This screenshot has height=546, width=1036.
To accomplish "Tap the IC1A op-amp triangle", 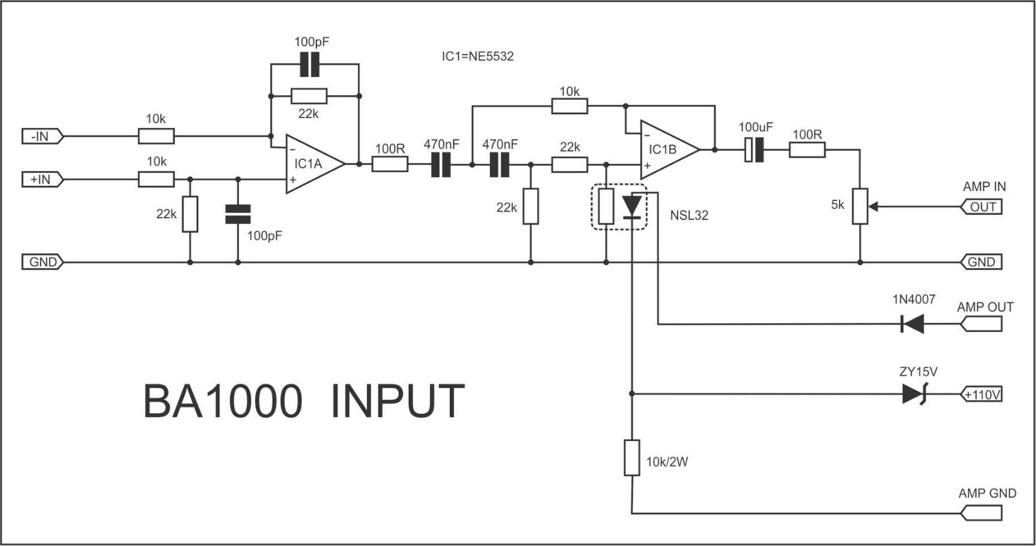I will [312, 164].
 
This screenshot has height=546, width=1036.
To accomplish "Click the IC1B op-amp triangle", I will [667, 150].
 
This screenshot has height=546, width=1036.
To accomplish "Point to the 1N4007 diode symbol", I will [913, 324].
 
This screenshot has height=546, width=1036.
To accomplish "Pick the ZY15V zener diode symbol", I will [914, 394].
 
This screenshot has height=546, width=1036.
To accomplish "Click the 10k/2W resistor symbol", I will [631, 458].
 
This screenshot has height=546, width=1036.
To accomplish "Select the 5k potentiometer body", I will [860, 206].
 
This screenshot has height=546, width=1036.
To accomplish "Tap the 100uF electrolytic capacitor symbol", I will [754, 150].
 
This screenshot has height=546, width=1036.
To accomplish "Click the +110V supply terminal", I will [981, 394].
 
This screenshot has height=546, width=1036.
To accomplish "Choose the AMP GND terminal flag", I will [982, 514].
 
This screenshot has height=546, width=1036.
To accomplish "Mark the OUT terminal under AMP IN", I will [982, 207].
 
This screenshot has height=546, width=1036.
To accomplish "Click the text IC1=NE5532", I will [477, 56].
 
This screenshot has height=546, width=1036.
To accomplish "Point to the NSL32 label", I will [689, 216].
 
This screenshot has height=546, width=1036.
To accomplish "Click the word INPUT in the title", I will [398, 402].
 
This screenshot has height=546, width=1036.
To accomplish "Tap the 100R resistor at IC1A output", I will [390, 165].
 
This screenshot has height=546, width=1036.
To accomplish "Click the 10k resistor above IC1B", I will [569, 106].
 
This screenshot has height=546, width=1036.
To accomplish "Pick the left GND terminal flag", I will [43, 262].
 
